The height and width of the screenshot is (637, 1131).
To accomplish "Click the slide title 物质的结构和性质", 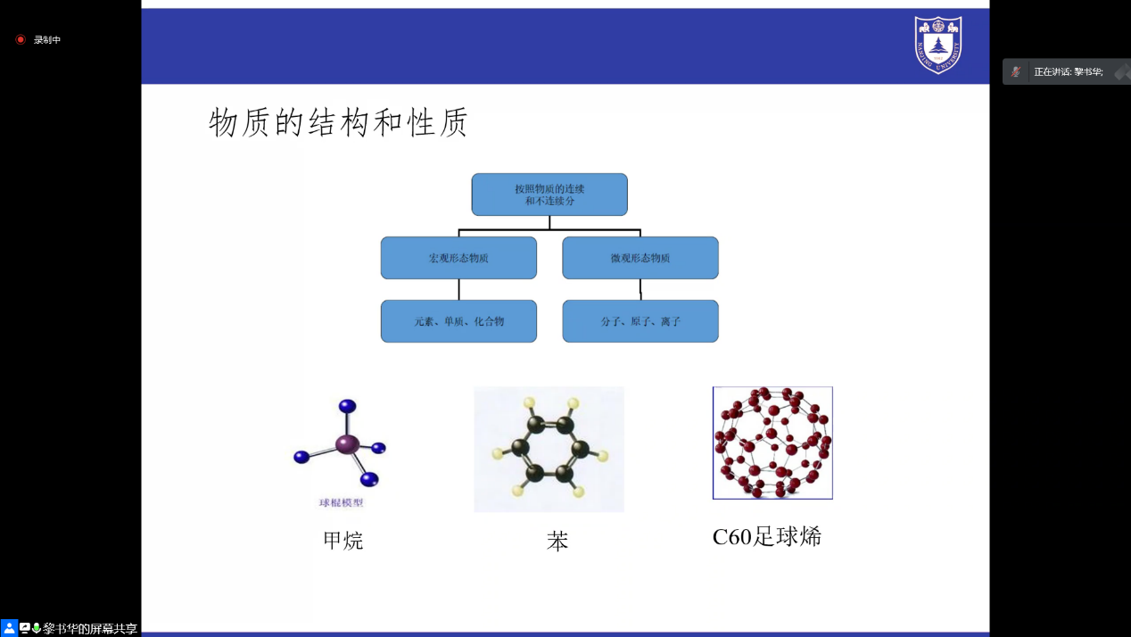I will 338,122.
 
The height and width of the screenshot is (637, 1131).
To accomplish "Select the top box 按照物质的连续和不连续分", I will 549,194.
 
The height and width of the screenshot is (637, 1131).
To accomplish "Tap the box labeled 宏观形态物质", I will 458,258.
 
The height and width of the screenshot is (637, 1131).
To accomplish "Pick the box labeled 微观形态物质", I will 640,258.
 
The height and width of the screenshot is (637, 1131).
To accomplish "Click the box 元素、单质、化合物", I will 458,321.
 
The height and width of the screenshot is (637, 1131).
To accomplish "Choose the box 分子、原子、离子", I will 640,321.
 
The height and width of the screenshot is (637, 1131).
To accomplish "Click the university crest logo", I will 937,44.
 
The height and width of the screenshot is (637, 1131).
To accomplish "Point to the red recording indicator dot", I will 21,39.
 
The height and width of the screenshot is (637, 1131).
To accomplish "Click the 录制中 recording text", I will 47,40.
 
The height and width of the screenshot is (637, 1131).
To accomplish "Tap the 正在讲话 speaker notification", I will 1068,71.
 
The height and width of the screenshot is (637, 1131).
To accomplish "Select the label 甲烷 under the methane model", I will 343,541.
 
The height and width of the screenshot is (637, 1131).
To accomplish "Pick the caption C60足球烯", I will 766,537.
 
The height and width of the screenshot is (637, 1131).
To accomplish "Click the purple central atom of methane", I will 347,443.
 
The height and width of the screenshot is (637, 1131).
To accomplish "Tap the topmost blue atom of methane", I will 347,406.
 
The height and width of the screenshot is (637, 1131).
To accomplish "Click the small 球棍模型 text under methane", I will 342,502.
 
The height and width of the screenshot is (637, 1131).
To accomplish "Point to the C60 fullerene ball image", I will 772,443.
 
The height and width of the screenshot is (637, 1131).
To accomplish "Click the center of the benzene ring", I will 549,449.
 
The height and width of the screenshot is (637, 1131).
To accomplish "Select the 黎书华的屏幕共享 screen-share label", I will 90,629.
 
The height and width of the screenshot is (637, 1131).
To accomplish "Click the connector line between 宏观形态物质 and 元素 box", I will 459,289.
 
